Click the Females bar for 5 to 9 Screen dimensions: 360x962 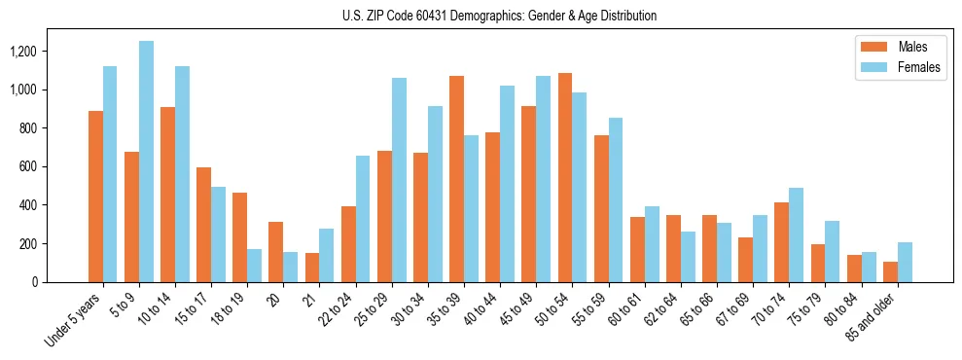point(146,162)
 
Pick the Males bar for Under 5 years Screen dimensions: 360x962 point(95,197)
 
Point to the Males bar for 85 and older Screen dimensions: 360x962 point(890,271)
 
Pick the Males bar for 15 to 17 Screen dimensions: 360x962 point(203,225)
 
